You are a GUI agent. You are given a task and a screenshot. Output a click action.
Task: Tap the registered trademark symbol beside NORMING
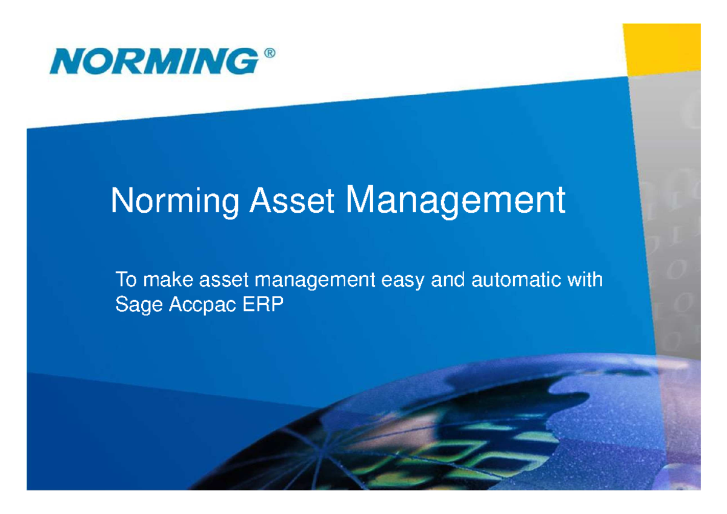[270, 53]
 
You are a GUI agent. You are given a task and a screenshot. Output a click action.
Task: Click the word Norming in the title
[175, 202]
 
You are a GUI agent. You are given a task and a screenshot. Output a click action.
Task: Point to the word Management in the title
[455, 201]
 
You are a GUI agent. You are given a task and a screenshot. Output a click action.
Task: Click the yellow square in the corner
[662, 48]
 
